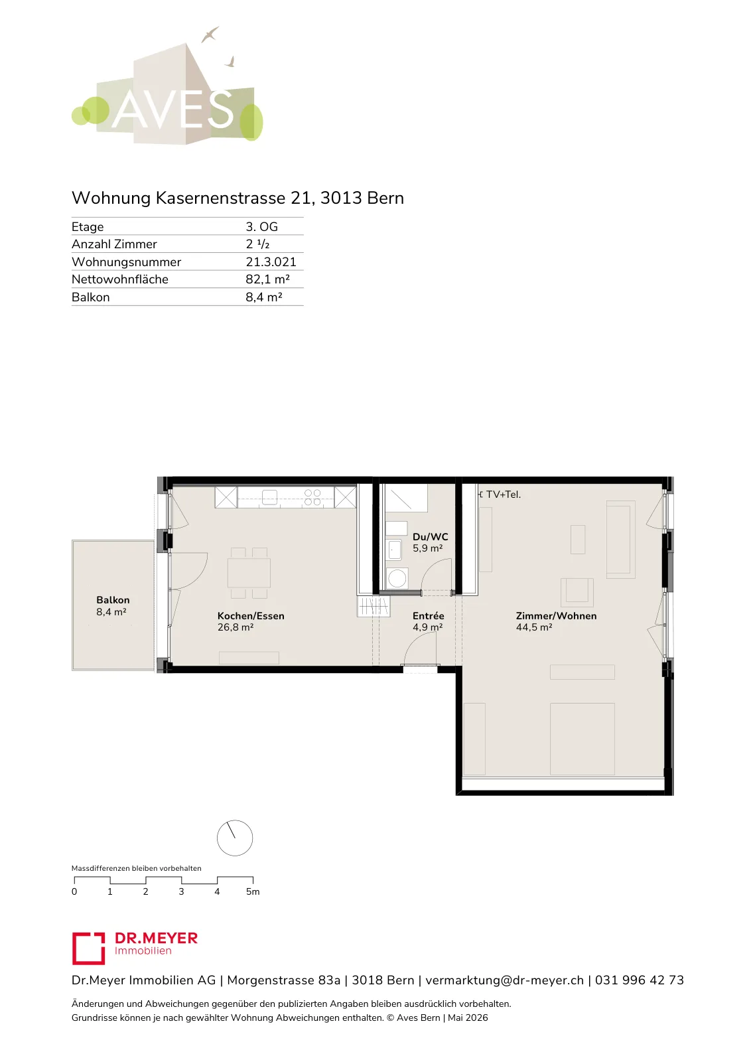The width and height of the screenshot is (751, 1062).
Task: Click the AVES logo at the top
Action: [167, 86]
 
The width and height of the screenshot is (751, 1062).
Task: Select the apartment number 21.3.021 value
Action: [271, 262]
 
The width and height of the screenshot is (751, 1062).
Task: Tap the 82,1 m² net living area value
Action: [267, 279]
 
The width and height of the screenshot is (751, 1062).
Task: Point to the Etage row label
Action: [88, 226]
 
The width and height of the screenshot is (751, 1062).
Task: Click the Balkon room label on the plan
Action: [113, 600]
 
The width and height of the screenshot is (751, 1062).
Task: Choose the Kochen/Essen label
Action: [251, 616]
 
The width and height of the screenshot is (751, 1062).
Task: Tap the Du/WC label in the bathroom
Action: [430, 537]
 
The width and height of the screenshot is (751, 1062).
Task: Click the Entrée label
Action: [429, 616]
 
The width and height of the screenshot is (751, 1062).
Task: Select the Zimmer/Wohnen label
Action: [556, 616]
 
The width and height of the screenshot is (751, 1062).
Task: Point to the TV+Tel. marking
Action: [503, 494]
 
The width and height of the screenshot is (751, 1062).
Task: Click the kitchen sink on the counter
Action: [269, 497]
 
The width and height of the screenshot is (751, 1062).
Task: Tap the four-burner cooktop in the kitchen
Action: [312, 497]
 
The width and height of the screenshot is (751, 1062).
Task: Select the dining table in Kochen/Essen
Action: [249, 573]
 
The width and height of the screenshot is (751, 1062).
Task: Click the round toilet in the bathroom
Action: [397, 578]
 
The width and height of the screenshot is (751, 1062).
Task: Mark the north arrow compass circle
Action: [235, 838]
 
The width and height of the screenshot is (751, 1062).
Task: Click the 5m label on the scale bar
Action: [253, 891]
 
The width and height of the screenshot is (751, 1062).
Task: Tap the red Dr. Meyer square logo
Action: [89, 948]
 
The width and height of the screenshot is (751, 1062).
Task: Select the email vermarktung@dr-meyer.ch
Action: [505, 980]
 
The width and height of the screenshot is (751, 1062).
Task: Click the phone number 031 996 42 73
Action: [640, 980]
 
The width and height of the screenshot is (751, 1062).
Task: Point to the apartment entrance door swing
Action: [420, 650]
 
